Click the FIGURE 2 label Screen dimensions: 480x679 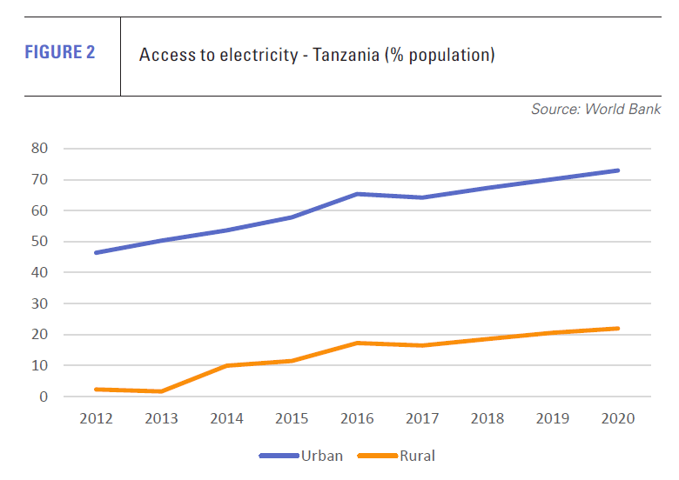coord(60,52)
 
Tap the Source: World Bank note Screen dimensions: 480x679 coord(595,110)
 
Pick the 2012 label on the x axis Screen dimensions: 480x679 coord(96,418)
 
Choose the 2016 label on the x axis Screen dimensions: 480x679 coord(357,418)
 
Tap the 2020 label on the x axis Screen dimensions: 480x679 coord(618,418)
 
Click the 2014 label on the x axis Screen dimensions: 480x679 coord(226,418)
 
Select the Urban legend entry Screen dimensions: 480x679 coord(321,456)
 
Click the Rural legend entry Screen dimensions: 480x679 coord(417,456)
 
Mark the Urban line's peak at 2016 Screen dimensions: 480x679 coord(357,194)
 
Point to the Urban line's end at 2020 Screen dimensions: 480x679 coord(618,170)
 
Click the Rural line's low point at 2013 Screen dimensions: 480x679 coord(161,391)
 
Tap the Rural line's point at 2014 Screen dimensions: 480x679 coord(226,365)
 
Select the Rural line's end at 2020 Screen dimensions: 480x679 coord(618,329)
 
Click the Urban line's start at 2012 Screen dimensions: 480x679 coord(96,253)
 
